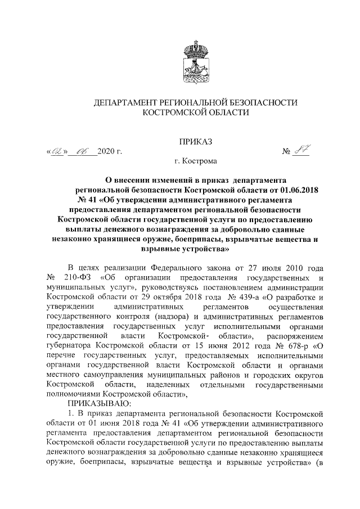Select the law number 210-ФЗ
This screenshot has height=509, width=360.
click(x=78, y=279)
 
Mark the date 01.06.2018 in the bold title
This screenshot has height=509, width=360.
click(x=294, y=190)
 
